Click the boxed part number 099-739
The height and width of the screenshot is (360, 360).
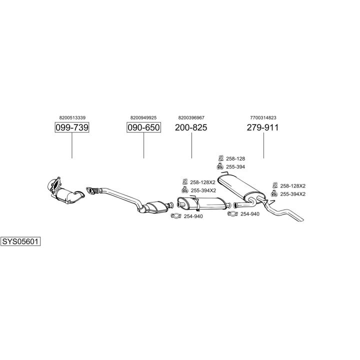pyautogui.click(x=71, y=128)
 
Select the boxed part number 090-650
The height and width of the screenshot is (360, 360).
pyautogui.click(x=143, y=128)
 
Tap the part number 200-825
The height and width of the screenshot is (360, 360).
pyautogui.click(x=191, y=128)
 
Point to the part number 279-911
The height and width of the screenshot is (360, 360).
pyautogui.click(x=262, y=128)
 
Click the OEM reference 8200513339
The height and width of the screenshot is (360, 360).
pyautogui.click(x=71, y=117)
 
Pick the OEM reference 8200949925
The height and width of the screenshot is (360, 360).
pyautogui.click(x=143, y=117)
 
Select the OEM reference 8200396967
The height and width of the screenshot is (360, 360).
pyautogui.click(x=191, y=117)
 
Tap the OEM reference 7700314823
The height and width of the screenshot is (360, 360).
pyautogui.click(x=263, y=117)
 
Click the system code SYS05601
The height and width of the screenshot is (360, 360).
pyautogui.click(x=20, y=241)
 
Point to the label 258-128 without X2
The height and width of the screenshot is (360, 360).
pyautogui.click(x=235, y=158)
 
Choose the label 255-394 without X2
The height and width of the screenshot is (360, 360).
pyautogui.click(x=235, y=166)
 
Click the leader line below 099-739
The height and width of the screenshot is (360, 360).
pyautogui.click(x=71, y=146)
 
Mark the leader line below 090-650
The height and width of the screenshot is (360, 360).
pyautogui.click(x=143, y=146)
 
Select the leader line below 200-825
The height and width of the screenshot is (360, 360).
pyautogui.click(x=191, y=146)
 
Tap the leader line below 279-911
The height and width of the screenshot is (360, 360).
pyautogui.click(x=263, y=146)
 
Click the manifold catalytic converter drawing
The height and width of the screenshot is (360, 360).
pyautogui.click(x=64, y=192)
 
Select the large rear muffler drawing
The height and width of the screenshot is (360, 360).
pyautogui.click(x=242, y=186)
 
